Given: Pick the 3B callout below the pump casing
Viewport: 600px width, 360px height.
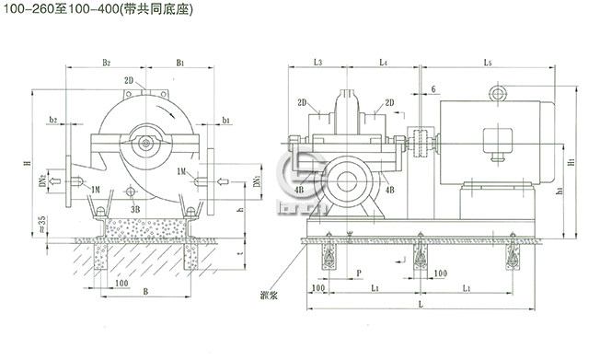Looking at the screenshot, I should point(134,209).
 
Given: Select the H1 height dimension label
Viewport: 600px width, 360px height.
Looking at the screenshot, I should point(572,162).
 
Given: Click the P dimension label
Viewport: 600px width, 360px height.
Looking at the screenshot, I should point(358,273).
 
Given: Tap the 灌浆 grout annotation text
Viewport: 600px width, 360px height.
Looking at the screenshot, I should point(271,296).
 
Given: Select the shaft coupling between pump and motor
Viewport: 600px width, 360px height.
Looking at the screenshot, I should point(422,144).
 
